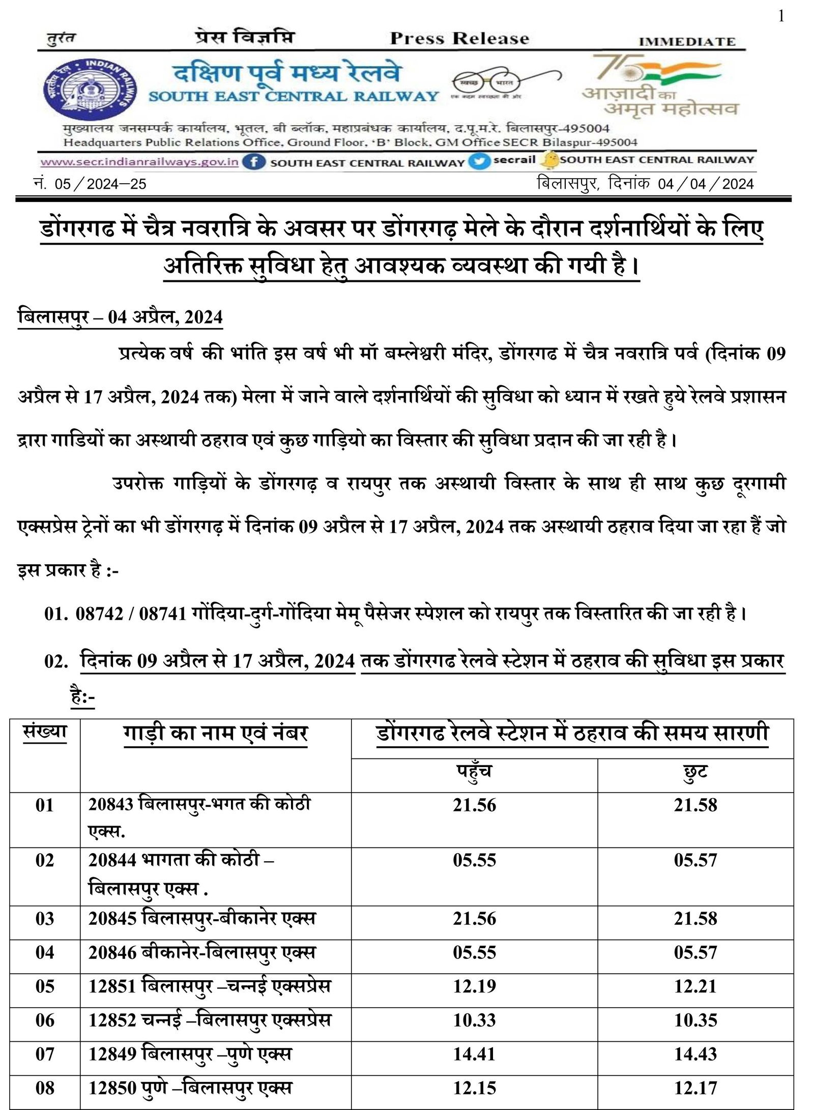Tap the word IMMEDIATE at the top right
pos(687,42)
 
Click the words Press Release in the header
pos(459,39)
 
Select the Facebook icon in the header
pos(253,162)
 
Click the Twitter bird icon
pos(478,162)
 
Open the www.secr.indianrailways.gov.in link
pos(139,162)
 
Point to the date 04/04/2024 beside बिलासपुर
pos(705,184)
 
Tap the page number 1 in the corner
pos(781,17)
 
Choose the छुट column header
pos(695,772)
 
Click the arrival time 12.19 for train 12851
pos(474,986)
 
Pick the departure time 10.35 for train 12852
pos(695,1020)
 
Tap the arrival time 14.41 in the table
pos(474,1054)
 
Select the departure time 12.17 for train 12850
pos(695,1088)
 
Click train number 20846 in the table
pos(112,952)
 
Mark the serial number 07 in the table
pos(45,1054)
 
